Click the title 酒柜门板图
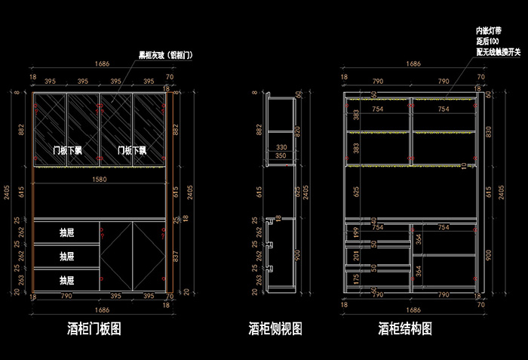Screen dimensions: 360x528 [x=94, y=329]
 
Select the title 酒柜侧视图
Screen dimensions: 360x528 [x=275, y=329]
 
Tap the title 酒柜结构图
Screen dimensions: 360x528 [x=405, y=329]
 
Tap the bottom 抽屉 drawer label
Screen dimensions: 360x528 [x=66, y=280]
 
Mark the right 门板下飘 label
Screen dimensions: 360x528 [x=131, y=150]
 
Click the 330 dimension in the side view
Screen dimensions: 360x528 [x=281, y=147]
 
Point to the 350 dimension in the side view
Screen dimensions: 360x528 [x=281, y=156]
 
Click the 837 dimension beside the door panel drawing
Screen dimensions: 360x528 [x=176, y=256]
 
